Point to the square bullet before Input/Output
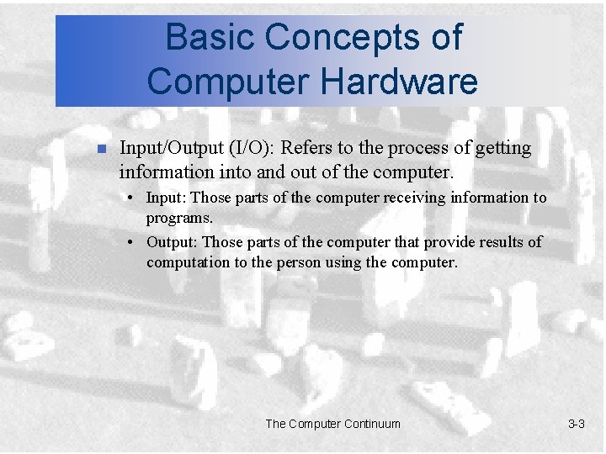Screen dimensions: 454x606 (98, 150)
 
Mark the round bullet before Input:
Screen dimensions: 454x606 (133, 199)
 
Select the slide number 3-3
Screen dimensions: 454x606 (576, 424)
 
